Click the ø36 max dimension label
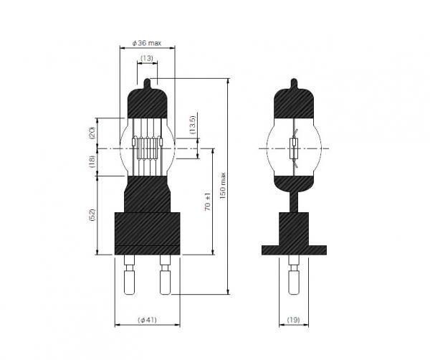pos(147,43)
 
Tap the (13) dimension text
pos(147,58)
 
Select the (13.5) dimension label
pos(193,125)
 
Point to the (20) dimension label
pos(92,133)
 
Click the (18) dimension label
pos(92,161)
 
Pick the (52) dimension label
pos(92,215)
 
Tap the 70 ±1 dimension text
pos(208,202)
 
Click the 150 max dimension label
pos(223,186)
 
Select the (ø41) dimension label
pos(147,320)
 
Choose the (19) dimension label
pos(293,320)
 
